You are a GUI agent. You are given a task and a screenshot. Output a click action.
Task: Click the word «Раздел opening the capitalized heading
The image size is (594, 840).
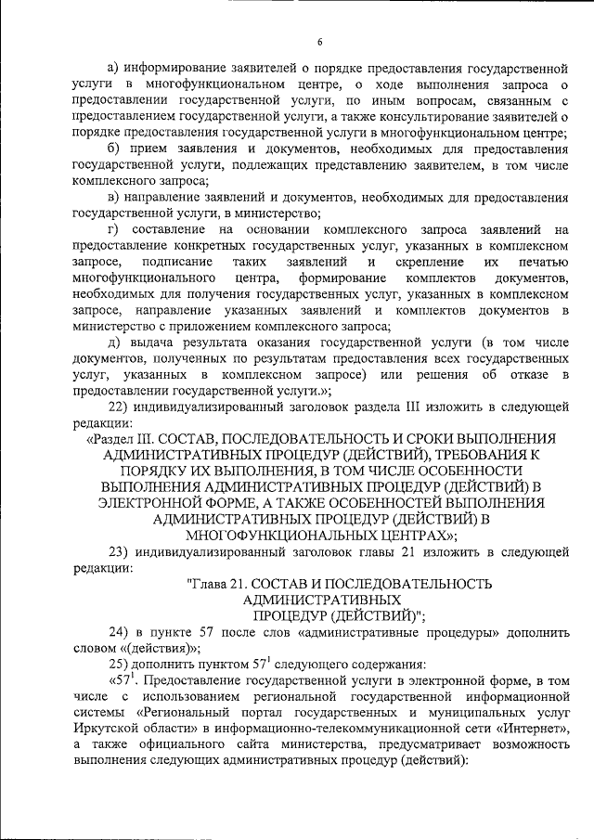point(115,438)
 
